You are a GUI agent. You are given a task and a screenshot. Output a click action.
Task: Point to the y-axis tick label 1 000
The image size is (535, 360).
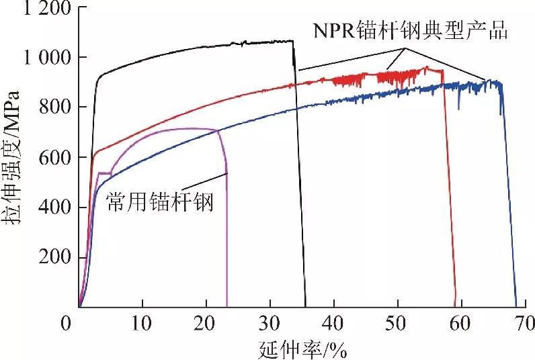42,59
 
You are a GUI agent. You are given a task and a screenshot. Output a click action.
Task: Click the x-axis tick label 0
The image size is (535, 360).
66,324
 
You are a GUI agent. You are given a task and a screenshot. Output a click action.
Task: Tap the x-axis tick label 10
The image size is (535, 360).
142,324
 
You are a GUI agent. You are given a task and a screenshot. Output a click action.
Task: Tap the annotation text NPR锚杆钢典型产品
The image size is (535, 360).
409,31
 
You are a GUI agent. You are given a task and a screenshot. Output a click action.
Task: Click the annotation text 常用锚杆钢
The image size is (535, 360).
160,201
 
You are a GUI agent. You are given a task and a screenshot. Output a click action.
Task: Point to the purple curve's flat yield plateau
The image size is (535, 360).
104,173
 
